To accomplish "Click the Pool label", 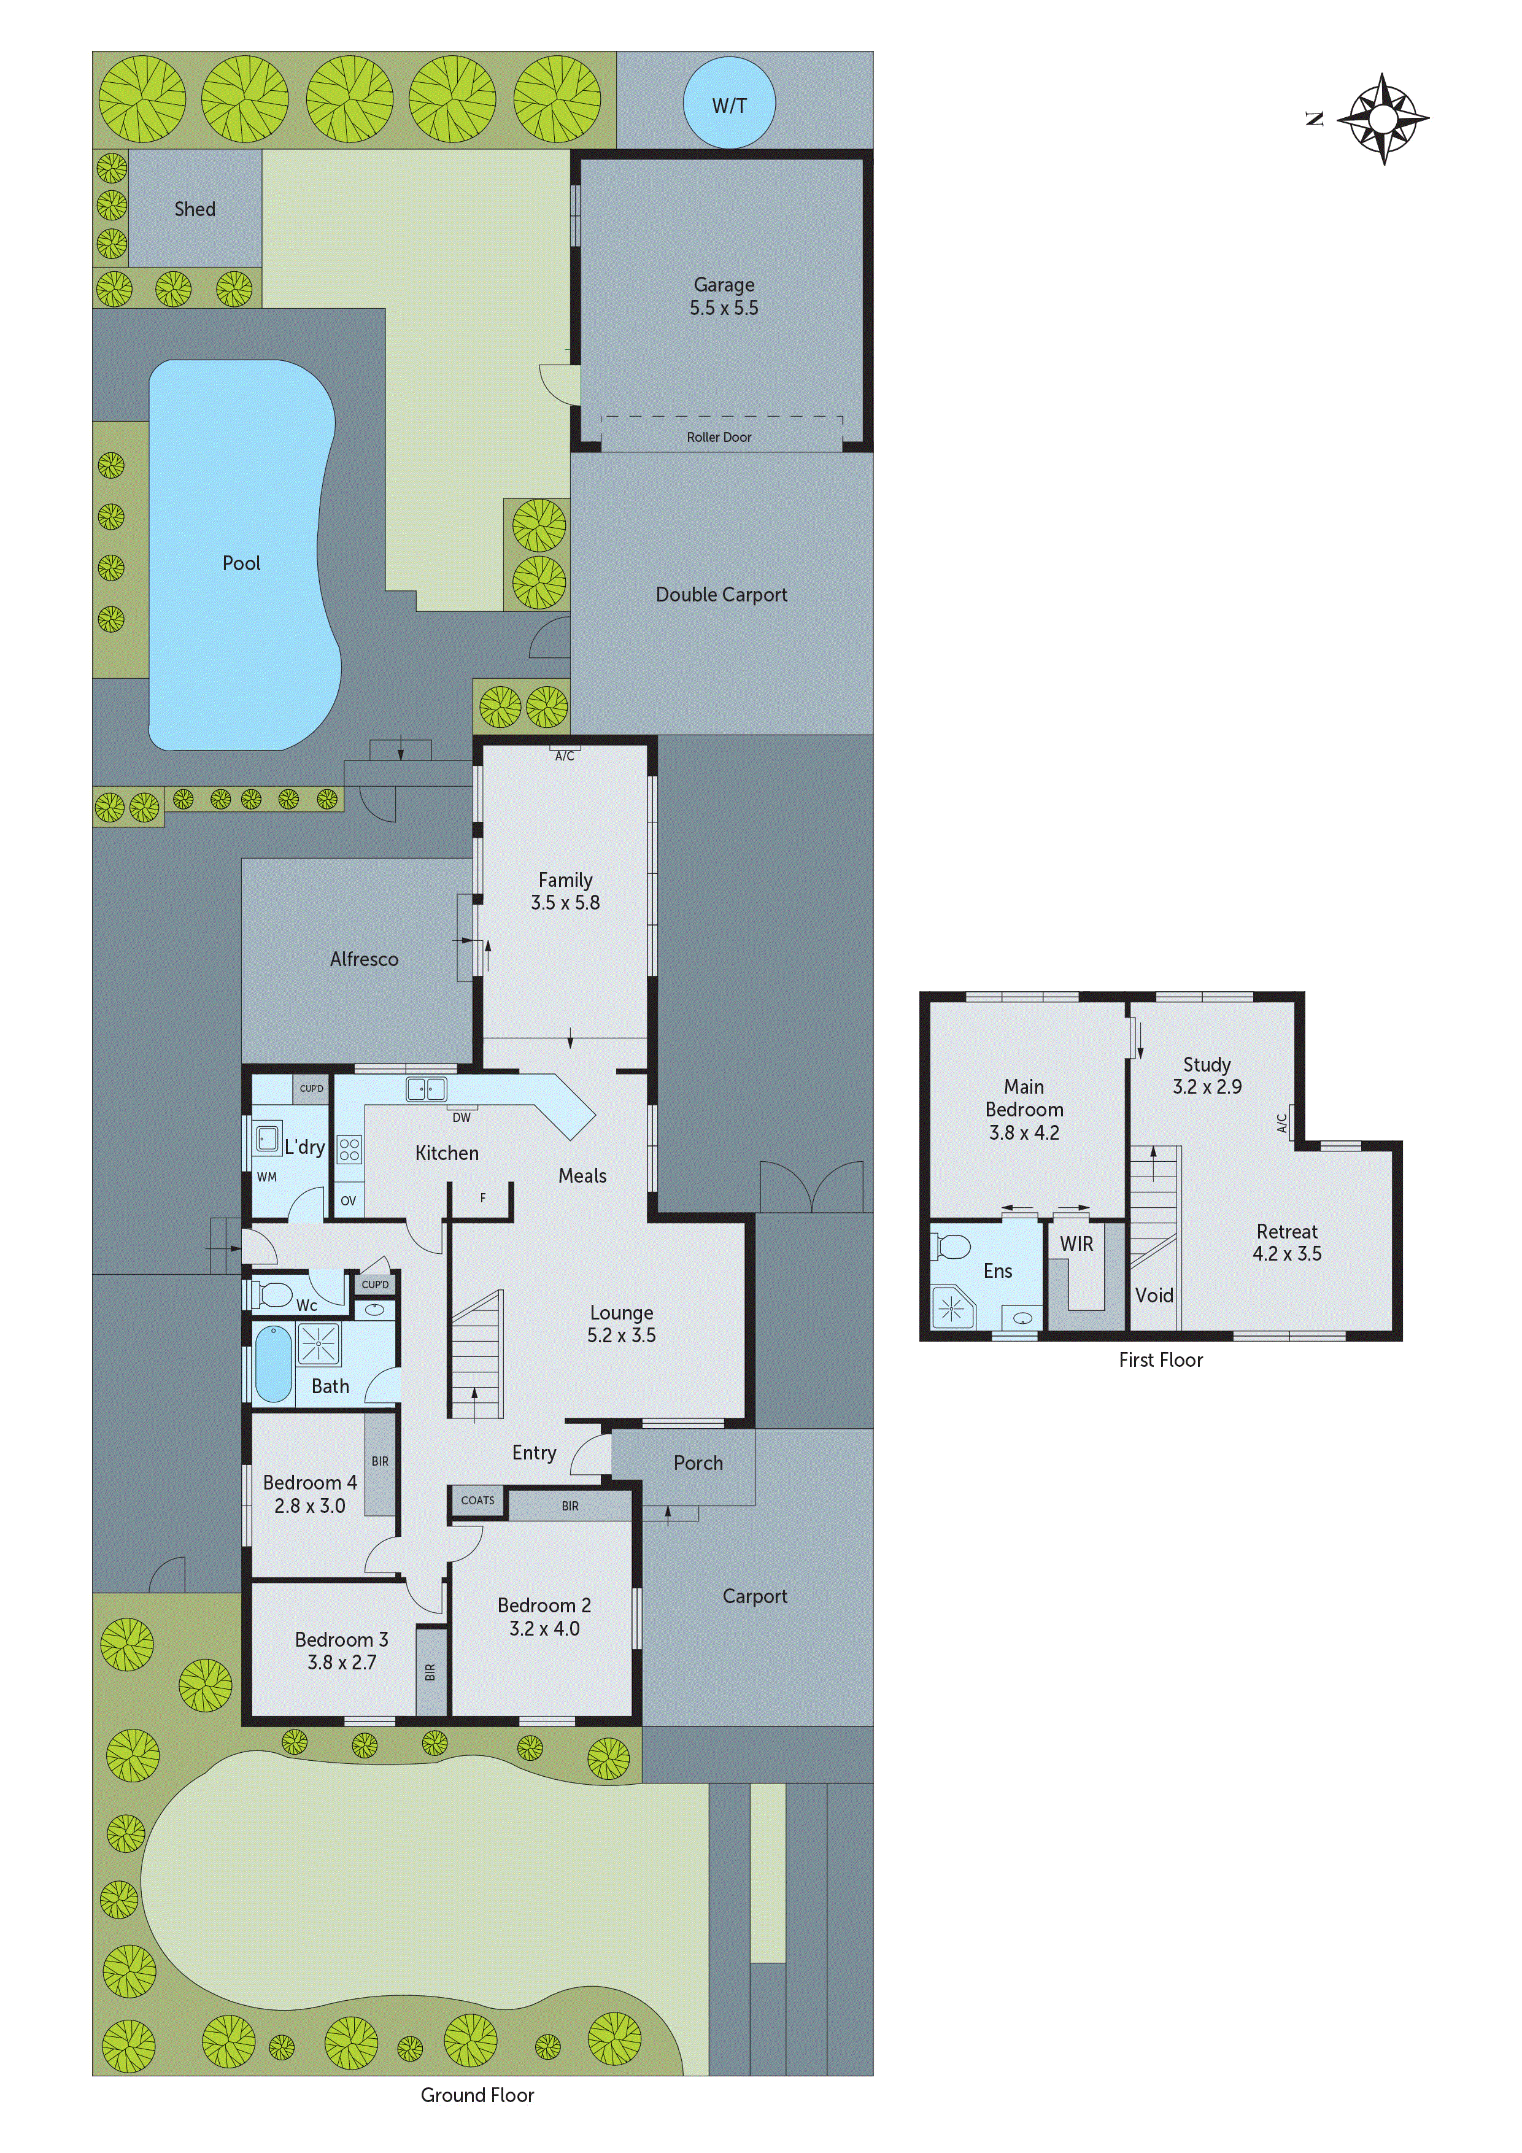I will [x=241, y=563].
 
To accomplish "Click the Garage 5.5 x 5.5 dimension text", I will [x=724, y=307].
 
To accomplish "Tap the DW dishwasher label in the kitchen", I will [x=462, y=1117].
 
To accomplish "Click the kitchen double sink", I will [x=426, y=1089].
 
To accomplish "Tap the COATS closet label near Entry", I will [x=477, y=1501].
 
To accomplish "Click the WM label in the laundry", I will [x=266, y=1177].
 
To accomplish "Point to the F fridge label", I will [x=483, y=1197].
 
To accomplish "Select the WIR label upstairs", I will [x=1076, y=1243].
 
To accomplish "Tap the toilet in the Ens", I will [x=952, y=1247].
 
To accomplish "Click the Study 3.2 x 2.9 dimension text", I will [x=1207, y=1087].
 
